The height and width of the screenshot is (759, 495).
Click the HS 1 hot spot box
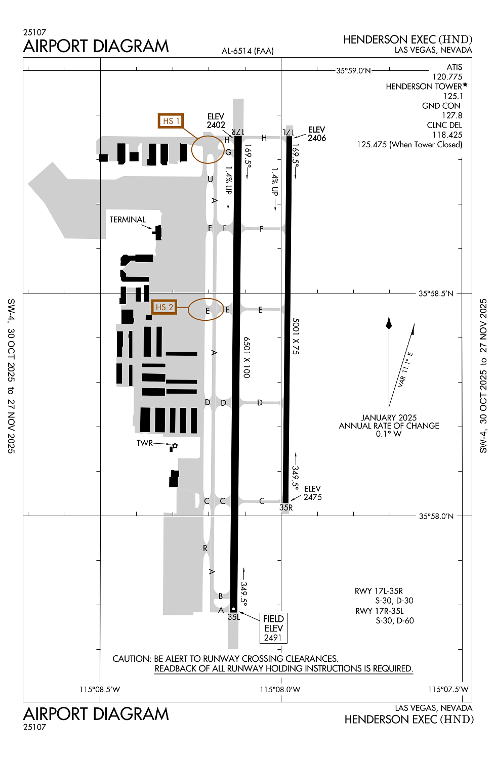click(171, 121)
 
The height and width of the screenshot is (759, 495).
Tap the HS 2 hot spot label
click(164, 307)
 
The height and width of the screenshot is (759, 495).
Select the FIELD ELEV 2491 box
click(273, 628)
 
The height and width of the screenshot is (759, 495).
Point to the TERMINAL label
click(128, 220)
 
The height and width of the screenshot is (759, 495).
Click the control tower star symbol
click(175, 446)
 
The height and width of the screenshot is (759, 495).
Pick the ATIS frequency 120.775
click(447, 77)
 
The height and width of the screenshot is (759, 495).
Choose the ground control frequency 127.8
click(452, 115)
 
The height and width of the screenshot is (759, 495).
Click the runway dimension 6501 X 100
click(247, 357)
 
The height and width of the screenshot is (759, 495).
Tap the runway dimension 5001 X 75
click(295, 336)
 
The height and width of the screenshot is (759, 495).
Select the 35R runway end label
click(286, 507)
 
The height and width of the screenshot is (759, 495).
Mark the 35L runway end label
click(234, 617)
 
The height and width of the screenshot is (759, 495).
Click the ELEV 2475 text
click(313, 493)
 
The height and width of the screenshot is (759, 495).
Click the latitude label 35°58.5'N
click(436, 293)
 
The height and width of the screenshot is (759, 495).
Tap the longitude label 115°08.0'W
click(280, 689)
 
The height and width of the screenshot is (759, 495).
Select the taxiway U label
click(210, 179)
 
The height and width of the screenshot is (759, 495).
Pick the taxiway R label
click(205, 548)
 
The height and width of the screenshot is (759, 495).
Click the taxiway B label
click(220, 596)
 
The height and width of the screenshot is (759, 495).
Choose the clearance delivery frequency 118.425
click(447, 135)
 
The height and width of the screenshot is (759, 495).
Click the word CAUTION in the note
click(132, 659)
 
